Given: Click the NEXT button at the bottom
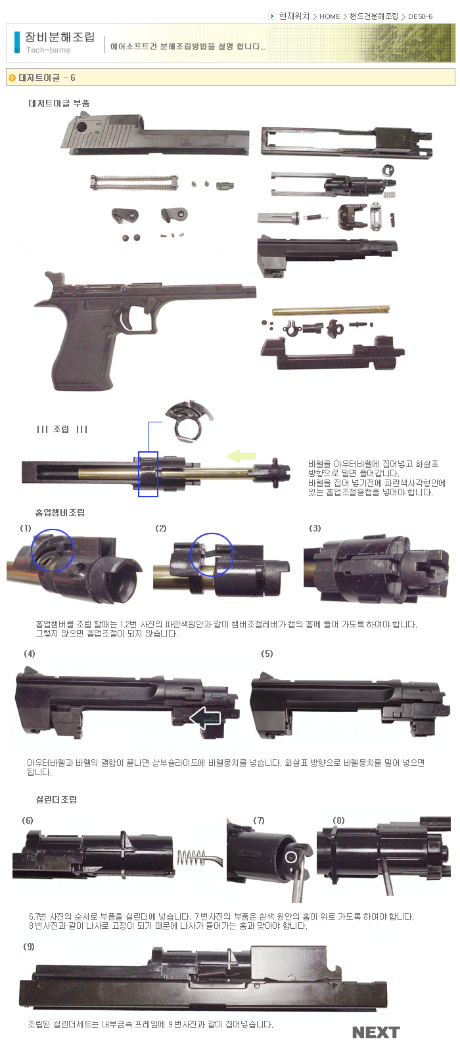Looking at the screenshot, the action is point(375,1033).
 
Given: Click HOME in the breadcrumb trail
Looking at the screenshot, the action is point(329,16).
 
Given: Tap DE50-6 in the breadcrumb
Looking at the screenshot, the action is point(420,16).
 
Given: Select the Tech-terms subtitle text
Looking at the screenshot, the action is point(48,50).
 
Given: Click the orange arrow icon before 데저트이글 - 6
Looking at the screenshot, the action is point(12,78).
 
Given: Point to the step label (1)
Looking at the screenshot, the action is point(26,528).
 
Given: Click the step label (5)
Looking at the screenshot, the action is point(267,654).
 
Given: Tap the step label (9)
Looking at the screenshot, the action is point(29,947).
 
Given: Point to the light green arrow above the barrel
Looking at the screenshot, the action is point(241,456).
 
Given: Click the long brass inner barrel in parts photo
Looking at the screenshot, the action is point(331,310).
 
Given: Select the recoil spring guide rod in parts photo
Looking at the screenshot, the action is point(134,183).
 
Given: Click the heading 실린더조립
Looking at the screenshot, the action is point(57,799).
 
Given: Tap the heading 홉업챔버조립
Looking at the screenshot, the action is point(60,512).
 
